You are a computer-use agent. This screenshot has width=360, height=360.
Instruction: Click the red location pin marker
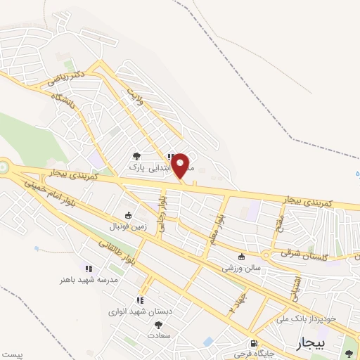point(181,166)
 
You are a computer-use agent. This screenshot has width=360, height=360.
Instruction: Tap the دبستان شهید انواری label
point(141,309)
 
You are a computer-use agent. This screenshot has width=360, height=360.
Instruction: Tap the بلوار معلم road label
point(217,229)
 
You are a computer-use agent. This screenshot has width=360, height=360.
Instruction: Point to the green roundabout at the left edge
point(3,167)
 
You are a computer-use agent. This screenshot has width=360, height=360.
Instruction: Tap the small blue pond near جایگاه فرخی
point(208,342)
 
